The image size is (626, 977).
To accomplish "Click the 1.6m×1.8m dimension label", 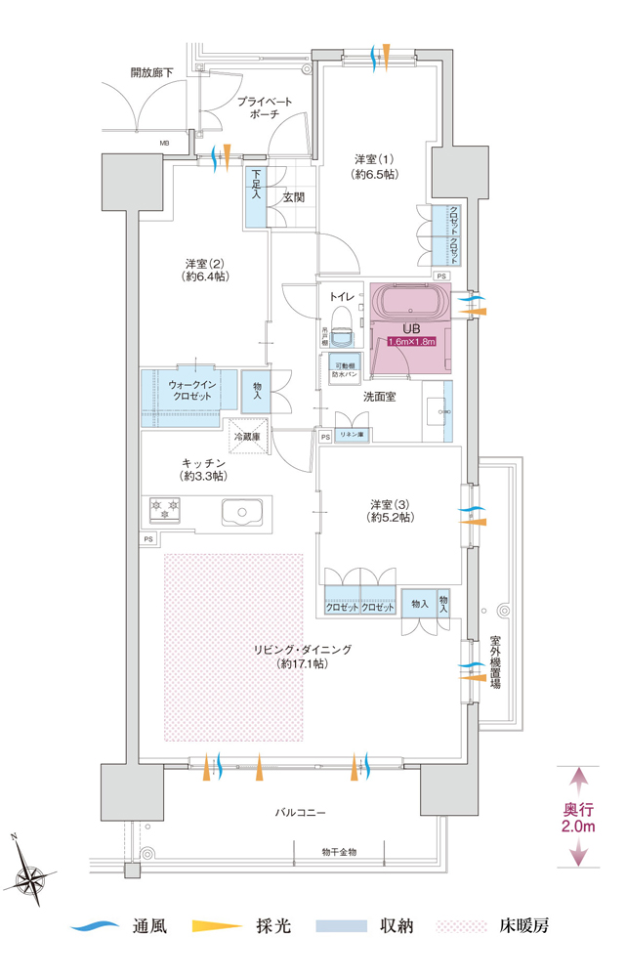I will (411, 342).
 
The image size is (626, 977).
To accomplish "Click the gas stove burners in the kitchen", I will (166, 508).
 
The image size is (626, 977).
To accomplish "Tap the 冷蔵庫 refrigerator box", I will (245, 437).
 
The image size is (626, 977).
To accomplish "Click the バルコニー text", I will (300, 812).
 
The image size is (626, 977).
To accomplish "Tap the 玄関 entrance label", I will (293, 196).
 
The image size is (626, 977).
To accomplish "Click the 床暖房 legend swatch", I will (459, 924).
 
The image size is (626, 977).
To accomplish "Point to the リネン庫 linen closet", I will (350, 435).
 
